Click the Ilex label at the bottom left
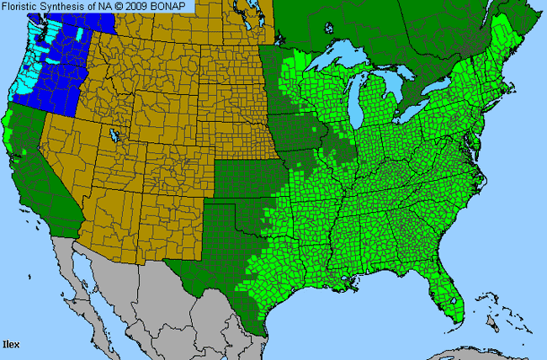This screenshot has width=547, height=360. click(11, 344)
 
